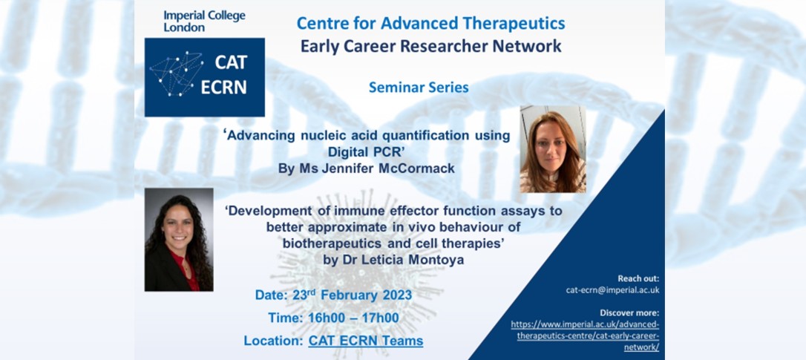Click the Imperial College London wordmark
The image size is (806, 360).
point(204,21)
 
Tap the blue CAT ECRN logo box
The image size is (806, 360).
point(205,77)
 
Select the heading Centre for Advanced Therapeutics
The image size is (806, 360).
point(430,23)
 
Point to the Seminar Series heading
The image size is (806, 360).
point(419,88)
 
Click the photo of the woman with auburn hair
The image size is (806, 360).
point(553,149)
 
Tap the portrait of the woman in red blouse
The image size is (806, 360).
point(179,240)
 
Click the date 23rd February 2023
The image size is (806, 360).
point(351,295)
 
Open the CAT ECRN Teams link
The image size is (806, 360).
point(366,341)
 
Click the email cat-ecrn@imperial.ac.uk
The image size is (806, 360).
point(613,290)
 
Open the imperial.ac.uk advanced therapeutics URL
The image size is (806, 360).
point(585,336)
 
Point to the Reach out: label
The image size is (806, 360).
point(638,279)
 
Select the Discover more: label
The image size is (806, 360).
point(629,312)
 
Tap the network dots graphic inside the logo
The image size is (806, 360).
point(177,74)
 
